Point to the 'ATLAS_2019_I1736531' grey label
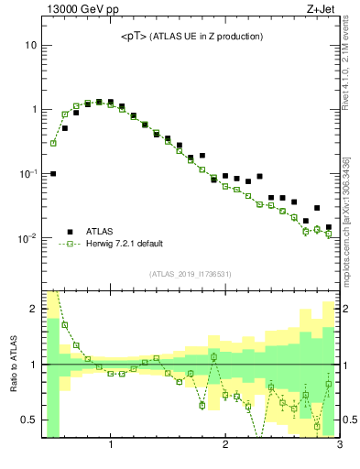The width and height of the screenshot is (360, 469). pos(191,274)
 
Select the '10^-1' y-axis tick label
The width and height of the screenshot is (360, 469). pos(28,173)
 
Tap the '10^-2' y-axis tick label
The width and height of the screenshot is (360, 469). pos(28,237)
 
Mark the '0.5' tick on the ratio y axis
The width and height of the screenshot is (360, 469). pos(28,420)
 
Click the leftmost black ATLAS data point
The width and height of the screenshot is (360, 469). pos(53,173)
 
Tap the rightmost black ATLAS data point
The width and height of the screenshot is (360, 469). pos(329,227)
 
